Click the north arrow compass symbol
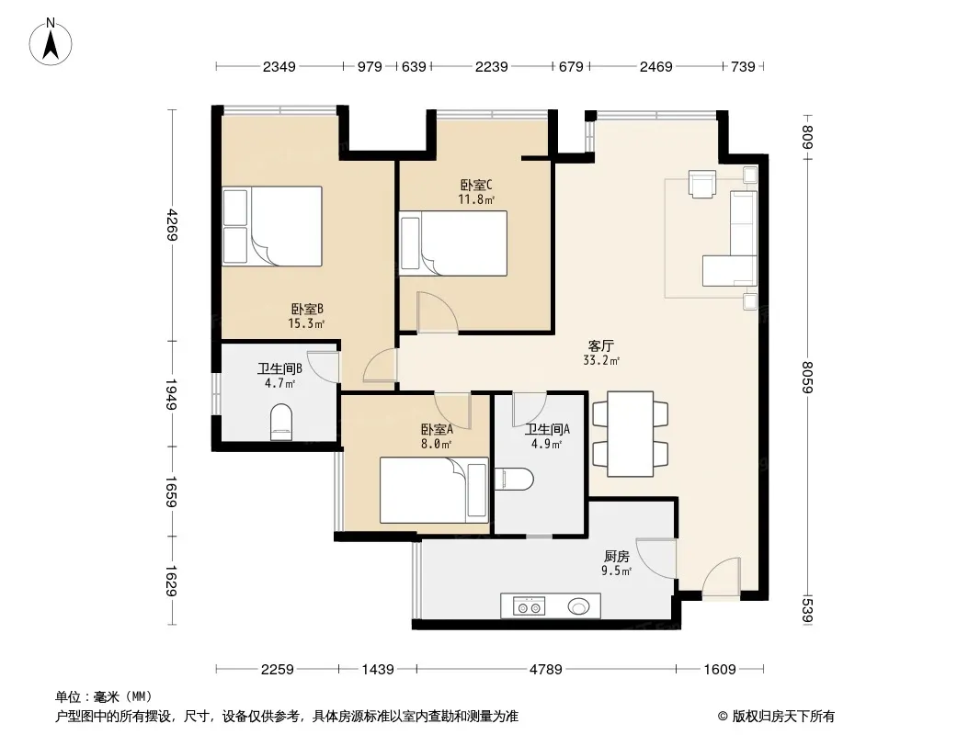coord(51,42)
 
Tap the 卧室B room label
coord(307,309)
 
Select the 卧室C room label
coord(476,185)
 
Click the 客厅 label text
coord(601,345)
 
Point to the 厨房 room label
coord(616,556)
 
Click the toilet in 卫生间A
coord(514,480)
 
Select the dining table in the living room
coord(630,434)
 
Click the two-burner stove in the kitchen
coord(529,605)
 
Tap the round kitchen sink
coord(578,605)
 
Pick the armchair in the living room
coord(701,184)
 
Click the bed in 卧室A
coord(434,491)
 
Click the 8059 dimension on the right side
coord(807,378)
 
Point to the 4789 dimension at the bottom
coord(546,670)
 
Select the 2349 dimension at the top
coord(279,66)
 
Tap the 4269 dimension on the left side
coord(173,225)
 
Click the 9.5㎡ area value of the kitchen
coord(616,571)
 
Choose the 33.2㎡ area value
coord(601,360)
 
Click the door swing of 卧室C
coord(438,311)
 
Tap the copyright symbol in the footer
coord(723,717)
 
